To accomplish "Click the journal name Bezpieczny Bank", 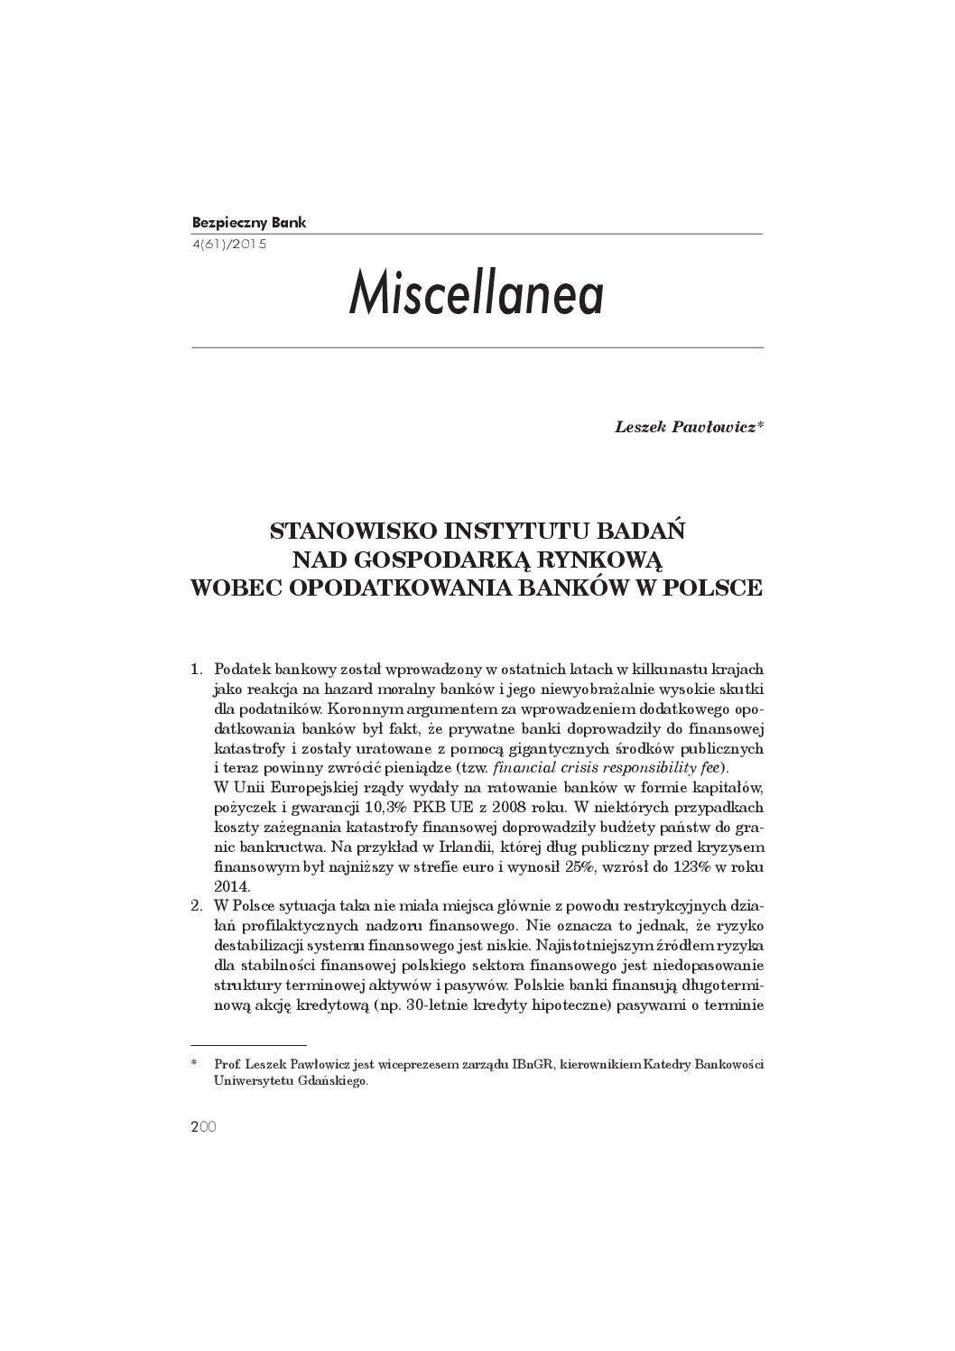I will click(x=249, y=222).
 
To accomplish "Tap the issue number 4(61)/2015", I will click(x=230, y=244).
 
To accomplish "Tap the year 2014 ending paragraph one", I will click(x=230, y=886).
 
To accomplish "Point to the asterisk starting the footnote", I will click(x=194, y=1065).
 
